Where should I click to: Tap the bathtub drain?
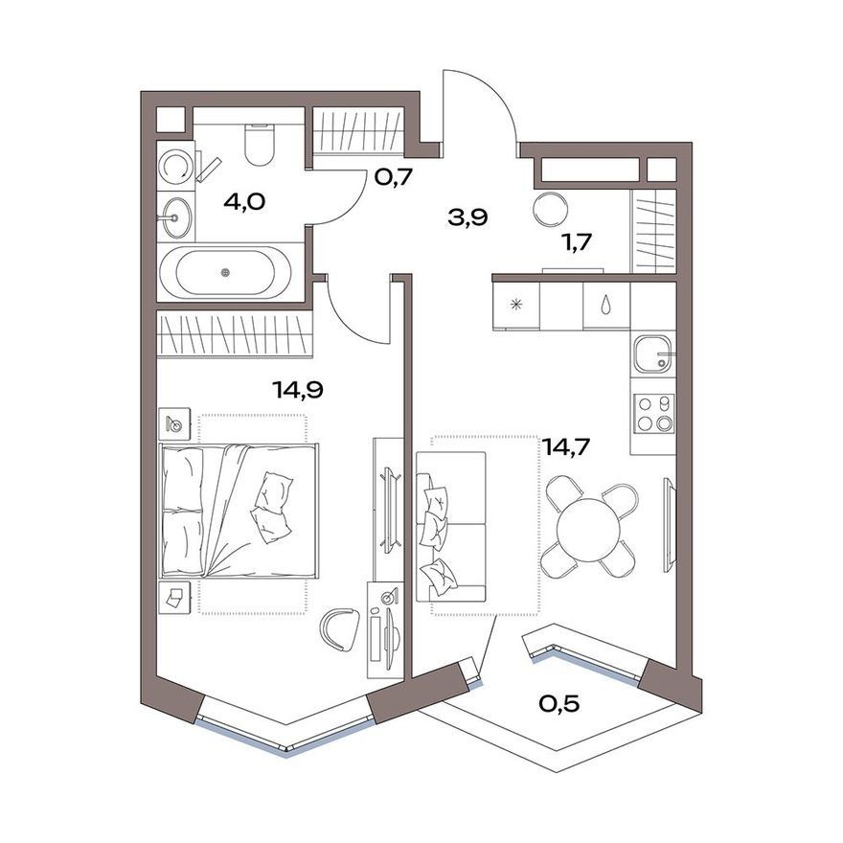tap(225, 273)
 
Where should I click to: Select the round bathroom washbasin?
tap(177, 217)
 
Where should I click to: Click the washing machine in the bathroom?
tap(175, 167)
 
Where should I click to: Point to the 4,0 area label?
tap(244, 202)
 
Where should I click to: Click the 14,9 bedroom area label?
tap(297, 389)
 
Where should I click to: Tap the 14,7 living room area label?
tap(565, 446)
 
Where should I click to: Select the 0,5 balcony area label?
tap(559, 703)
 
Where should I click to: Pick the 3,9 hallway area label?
tap(467, 217)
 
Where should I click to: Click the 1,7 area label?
tap(576, 242)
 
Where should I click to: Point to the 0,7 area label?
tap(393, 177)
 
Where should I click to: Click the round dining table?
tap(589, 530)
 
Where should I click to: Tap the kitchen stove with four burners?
tap(653, 414)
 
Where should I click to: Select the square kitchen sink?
tap(653, 354)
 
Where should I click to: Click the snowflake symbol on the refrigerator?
tap(516, 306)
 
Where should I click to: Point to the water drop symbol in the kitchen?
tap(606, 305)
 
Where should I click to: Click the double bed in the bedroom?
tap(239, 511)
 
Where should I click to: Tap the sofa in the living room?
tap(451, 526)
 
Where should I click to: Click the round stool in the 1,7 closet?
tap(550, 210)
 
